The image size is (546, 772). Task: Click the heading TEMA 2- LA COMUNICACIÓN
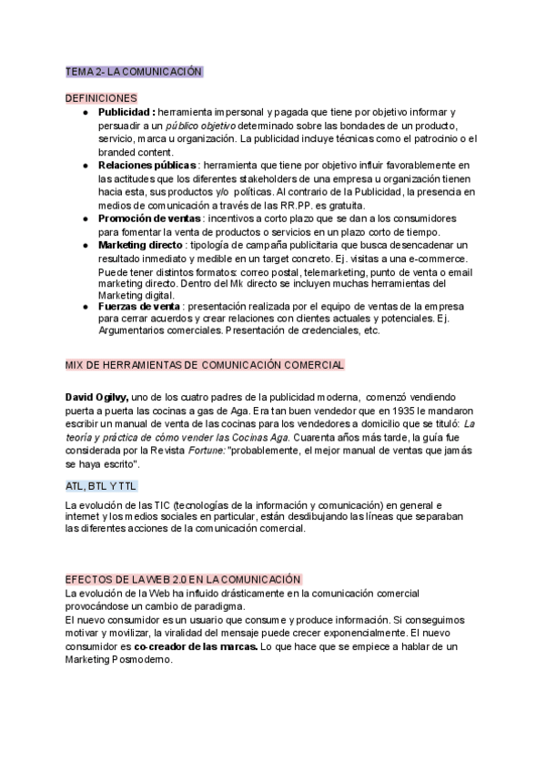point(134,71)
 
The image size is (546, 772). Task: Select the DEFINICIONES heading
point(101,97)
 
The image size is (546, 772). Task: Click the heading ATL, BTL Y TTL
point(101,485)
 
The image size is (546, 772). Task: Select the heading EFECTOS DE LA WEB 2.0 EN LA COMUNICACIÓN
point(183,578)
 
